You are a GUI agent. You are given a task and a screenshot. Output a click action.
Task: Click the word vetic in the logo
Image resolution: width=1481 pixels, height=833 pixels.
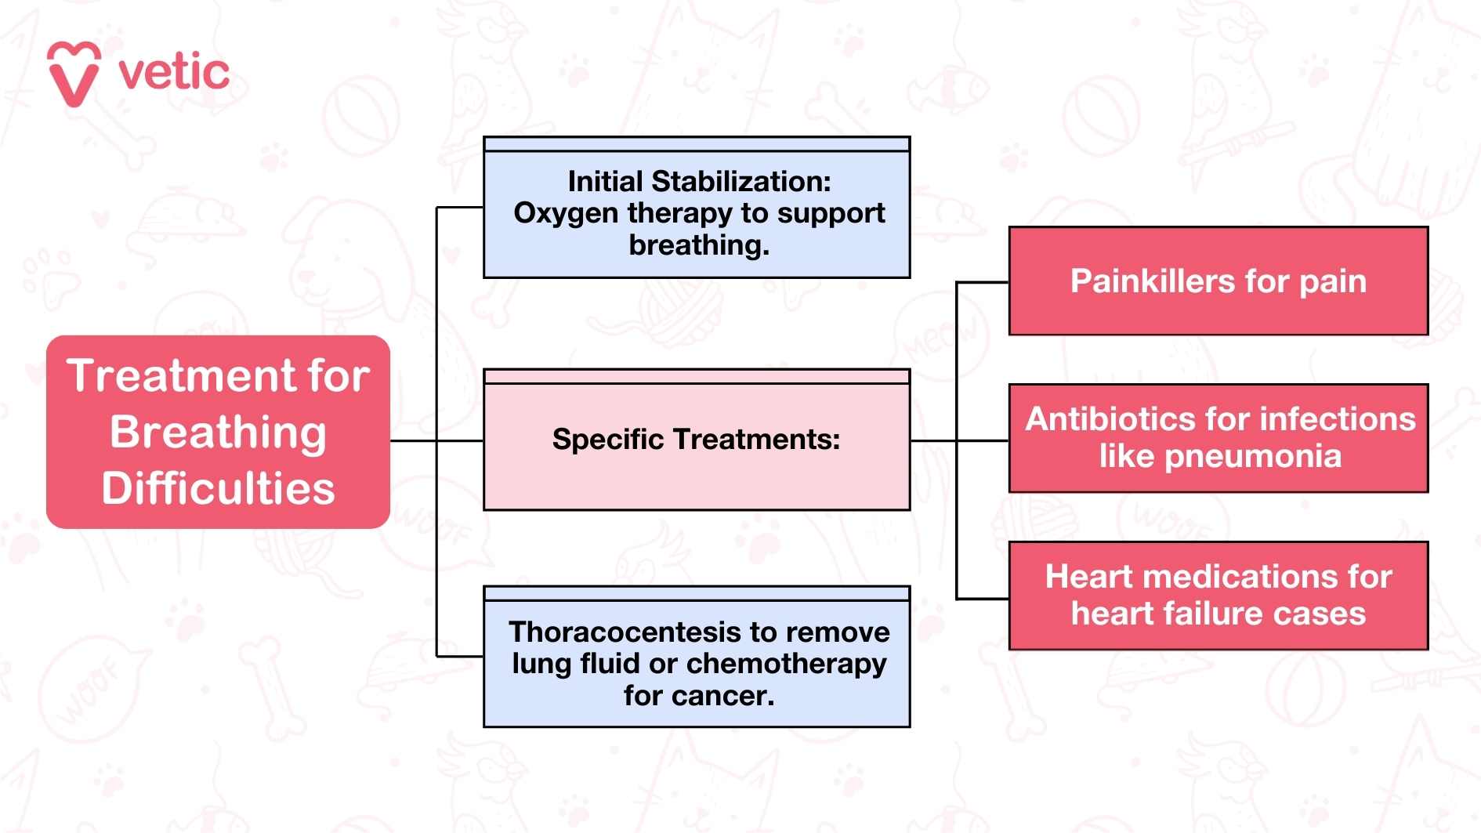pos(174,73)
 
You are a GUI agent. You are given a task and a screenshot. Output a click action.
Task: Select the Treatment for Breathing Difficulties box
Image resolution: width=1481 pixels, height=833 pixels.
pos(218,432)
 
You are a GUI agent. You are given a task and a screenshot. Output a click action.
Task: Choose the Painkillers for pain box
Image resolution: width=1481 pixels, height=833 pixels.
pos(1218,281)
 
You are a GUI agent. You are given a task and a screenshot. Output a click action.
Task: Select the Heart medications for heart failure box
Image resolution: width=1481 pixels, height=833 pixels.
pos(1218,596)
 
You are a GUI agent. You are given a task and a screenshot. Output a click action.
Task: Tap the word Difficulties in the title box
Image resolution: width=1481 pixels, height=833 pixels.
pos(218,489)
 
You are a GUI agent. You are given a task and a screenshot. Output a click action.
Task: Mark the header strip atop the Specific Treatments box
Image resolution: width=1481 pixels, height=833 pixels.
pos(697,377)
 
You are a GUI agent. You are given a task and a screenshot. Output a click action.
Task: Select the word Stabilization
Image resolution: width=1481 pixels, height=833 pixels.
pos(741,182)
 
